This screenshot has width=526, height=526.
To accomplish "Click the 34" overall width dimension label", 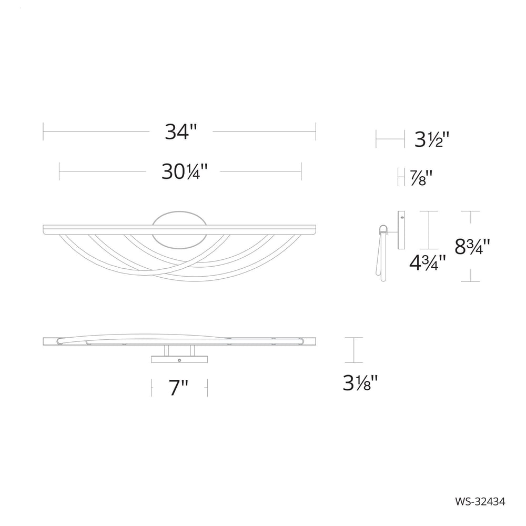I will click(x=180, y=131).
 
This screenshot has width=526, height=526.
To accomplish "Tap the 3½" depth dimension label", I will click(x=431, y=140).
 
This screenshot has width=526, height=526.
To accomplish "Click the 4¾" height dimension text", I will click(x=427, y=261).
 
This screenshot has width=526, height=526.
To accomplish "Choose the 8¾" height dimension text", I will click(x=472, y=246).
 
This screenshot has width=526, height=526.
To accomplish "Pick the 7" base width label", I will click(x=179, y=388).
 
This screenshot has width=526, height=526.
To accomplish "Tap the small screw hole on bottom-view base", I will click(x=180, y=361).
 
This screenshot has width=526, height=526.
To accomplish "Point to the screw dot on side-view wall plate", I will click(x=402, y=216).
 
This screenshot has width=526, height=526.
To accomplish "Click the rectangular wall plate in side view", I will click(x=401, y=230).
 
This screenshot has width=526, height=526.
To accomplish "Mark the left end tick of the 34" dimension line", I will click(x=43, y=131).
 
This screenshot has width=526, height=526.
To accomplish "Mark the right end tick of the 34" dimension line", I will click(x=316, y=131).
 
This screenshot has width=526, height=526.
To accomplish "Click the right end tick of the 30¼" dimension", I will click(x=301, y=171).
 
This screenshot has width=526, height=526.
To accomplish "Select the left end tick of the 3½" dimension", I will click(x=376, y=139).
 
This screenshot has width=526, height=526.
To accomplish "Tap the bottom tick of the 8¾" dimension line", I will click(x=471, y=281).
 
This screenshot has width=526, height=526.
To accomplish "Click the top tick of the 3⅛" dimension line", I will click(x=354, y=338).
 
